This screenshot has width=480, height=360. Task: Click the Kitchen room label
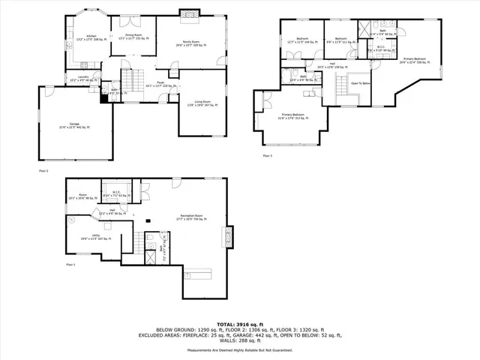click(x=91, y=36)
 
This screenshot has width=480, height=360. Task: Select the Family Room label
click(x=186, y=43)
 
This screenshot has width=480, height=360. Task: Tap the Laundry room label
click(x=84, y=77)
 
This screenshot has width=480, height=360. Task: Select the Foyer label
click(x=160, y=84)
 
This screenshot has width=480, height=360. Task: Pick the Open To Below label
click(x=361, y=83)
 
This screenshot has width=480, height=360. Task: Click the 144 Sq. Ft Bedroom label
click(x=302, y=40)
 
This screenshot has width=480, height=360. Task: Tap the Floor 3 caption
click(x=268, y=155)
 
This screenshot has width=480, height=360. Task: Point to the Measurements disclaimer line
click(x=240, y=350)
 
